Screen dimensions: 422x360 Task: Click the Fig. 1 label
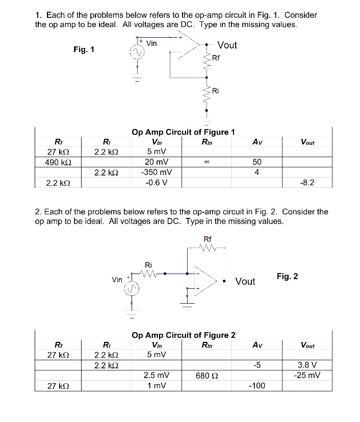84,49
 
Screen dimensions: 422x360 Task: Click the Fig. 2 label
287,277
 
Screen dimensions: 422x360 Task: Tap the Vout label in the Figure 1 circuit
227,45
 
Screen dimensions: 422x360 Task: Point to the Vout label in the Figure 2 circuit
245,282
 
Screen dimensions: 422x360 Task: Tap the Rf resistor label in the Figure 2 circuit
208,239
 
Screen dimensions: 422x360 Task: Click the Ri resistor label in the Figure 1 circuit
215,91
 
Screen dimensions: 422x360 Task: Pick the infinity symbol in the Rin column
203,162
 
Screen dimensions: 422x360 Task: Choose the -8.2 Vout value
307,182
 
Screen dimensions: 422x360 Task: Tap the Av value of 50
257,162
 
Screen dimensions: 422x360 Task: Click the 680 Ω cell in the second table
203,376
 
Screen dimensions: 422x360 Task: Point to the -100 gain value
257,386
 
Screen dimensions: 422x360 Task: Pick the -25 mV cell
307,376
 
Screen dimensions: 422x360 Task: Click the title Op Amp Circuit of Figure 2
183,335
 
